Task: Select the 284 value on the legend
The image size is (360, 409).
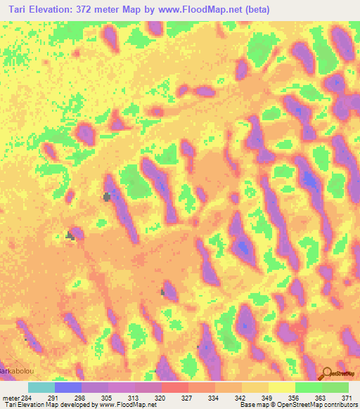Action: point(26,398)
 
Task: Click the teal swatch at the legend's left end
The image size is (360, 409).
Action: point(41,387)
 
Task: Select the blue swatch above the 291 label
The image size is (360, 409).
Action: point(68,387)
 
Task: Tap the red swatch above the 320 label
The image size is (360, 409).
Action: point(175,387)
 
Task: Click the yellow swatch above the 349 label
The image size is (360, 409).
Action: point(282,387)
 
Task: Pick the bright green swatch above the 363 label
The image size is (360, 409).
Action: point(309,387)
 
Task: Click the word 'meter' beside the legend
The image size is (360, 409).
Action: point(10,398)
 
